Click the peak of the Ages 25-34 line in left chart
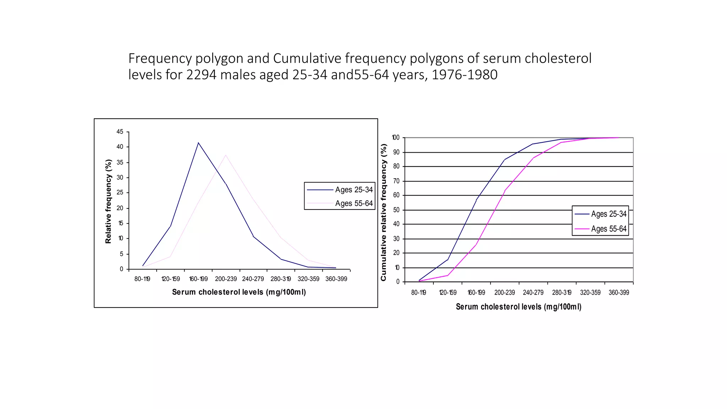pyautogui.click(x=198, y=143)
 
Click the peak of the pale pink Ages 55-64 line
pyautogui.click(x=225, y=155)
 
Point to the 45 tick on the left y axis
pyautogui.click(x=120, y=132)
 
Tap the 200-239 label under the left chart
pyautogui.click(x=226, y=279)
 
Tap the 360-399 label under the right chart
pyautogui.click(x=619, y=293)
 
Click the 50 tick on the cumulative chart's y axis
pyautogui.click(x=396, y=210)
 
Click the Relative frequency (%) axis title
pyautogui.click(x=108, y=201)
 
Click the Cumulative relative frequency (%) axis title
pyautogui.click(x=383, y=212)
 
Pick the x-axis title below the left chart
pyautogui.click(x=239, y=292)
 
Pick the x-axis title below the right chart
pyautogui.click(x=519, y=307)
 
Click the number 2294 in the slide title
pyautogui.click(x=201, y=75)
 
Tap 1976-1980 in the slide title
pyautogui.click(x=464, y=75)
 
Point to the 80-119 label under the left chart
pyautogui.click(x=142, y=279)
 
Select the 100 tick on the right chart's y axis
pyautogui.click(x=395, y=138)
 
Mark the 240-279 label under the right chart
pyautogui.click(x=533, y=293)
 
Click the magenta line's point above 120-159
pyautogui.click(x=448, y=275)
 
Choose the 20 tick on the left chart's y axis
pyautogui.click(x=120, y=208)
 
